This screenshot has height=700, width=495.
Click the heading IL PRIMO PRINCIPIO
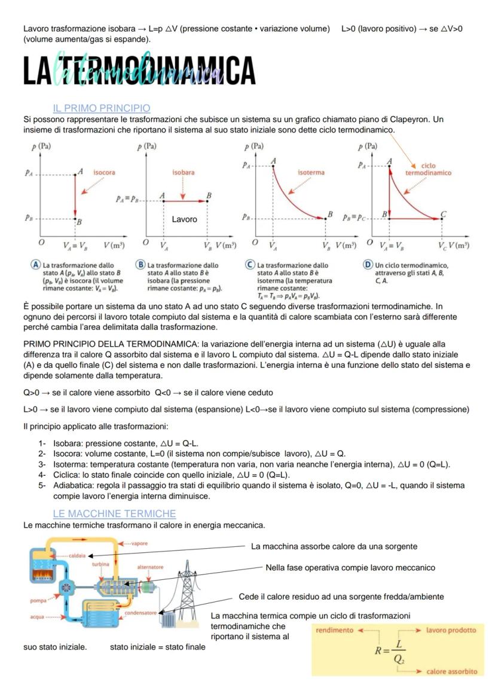[102, 108]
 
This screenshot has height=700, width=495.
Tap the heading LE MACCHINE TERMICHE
[114, 513]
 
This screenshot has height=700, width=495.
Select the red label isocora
[105, 172]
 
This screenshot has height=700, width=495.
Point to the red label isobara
[183, 172]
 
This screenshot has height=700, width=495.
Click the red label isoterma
[311, 172]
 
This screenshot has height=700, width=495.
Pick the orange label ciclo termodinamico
[428, 169]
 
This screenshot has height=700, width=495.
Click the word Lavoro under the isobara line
[184, 219]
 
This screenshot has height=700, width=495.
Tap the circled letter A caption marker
[36, 265]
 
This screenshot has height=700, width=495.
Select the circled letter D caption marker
[368, 265]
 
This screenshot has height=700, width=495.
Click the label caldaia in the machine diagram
[78, 556]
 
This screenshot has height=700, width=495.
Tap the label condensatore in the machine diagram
[140, 613]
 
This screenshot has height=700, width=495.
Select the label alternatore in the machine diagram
[150, 567]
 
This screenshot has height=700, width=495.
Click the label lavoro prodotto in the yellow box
[451, 630]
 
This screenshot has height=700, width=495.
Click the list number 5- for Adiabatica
[42, 486]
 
